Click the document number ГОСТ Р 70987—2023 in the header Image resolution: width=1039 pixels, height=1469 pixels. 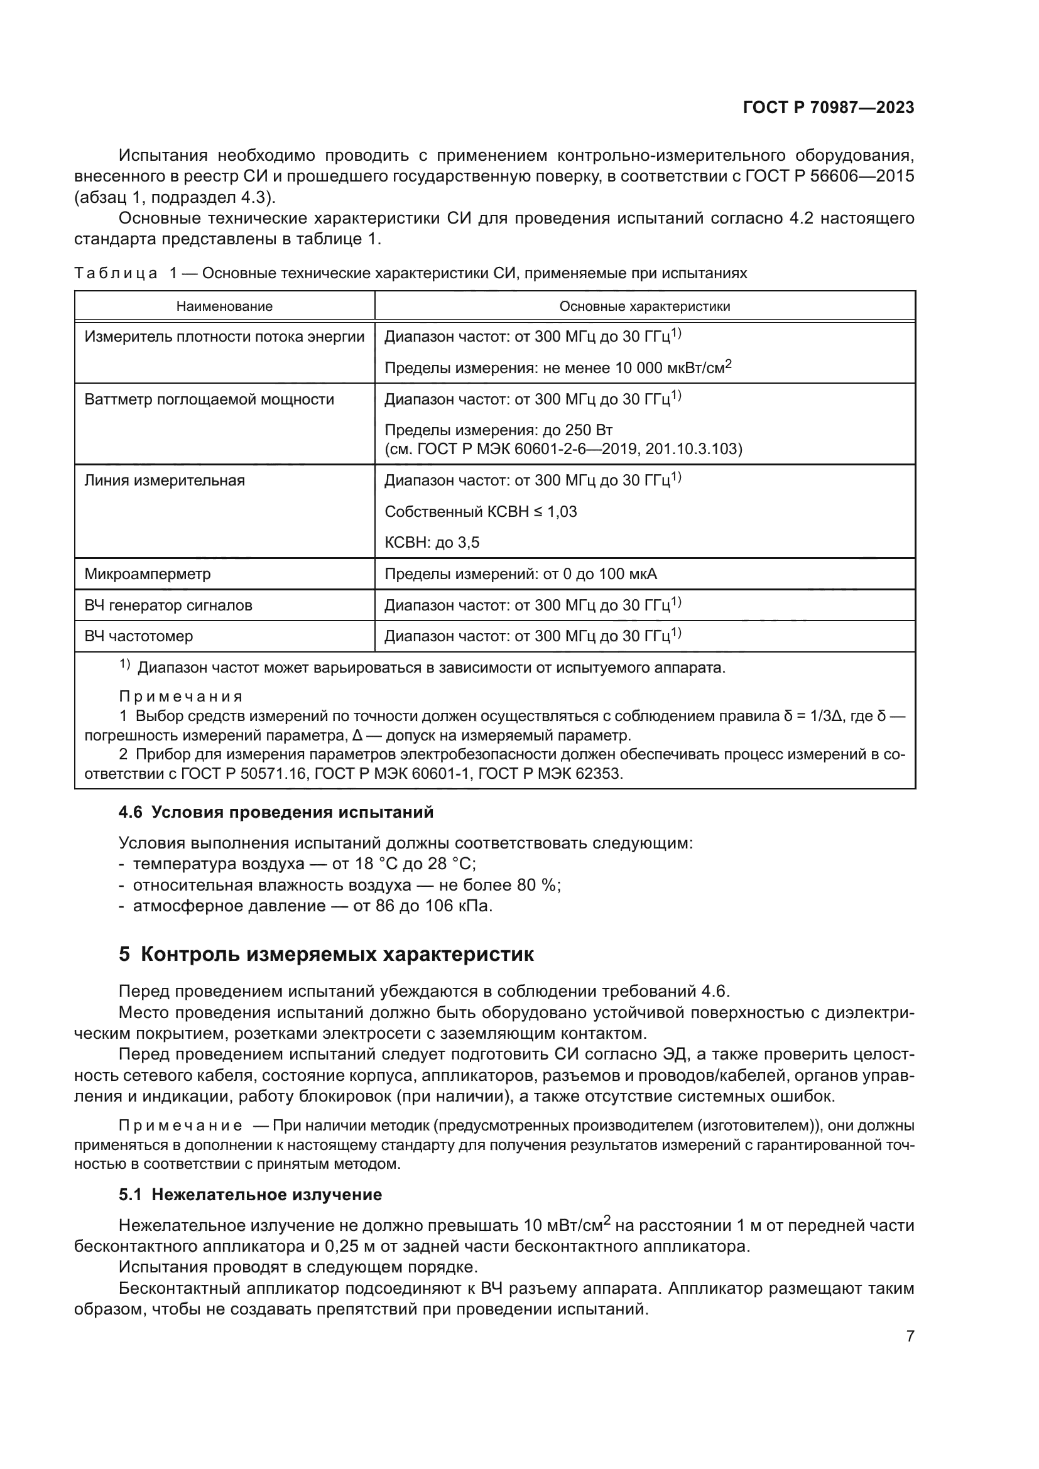(x=829, y=107)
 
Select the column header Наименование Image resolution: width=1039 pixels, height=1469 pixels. (x=224, y=306)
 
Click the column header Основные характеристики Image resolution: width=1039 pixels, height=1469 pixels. (x=645, y=306)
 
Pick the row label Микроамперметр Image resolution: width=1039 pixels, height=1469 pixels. (x=147, y=574)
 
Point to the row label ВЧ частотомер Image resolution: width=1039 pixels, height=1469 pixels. (x=138, y=636)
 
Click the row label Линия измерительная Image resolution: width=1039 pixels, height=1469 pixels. (x=165, y=480)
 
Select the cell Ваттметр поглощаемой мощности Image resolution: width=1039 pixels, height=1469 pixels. (x=209, y=400)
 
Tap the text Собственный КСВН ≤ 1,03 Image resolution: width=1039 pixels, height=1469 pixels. (x=481, y=512)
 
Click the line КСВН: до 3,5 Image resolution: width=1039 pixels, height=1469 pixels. (x=432, y=543)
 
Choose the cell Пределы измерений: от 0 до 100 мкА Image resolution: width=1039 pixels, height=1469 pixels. (x=520, y=574)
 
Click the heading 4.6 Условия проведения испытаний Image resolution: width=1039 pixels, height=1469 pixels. (x=276, y=813)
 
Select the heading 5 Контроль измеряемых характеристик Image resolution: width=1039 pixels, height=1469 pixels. (x=326, y=955)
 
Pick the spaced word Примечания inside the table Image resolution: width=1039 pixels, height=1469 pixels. (x=181, y=697)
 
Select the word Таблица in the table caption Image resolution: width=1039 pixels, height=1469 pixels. (x=116, y=274)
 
